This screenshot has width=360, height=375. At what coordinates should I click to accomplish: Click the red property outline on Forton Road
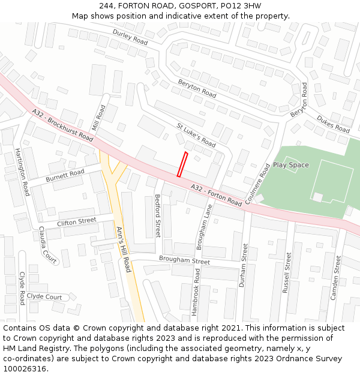click(x=182, y=164)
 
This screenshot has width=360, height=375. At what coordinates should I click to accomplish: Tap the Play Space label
click(x=291, y=165)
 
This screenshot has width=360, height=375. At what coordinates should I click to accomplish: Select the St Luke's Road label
click(x=196, y=135)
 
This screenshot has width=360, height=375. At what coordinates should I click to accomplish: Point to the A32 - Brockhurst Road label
click(x=63, y=125)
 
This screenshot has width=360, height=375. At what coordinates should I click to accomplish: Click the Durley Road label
click(x=130, y=36)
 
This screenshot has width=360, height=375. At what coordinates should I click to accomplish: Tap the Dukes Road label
click(x=333, y=124)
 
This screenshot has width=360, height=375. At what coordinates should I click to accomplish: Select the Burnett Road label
click(x=65, y=175)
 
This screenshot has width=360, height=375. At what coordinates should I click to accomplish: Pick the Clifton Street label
click(x=76, y=222)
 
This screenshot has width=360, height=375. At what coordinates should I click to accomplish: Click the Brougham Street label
click(x=184, y=260)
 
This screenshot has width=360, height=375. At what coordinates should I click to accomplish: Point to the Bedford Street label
click(x=158, y=215)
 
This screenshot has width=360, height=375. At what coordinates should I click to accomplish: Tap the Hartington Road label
click(x=22, y=171)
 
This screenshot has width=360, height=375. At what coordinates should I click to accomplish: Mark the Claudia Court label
click(x=48, y=245)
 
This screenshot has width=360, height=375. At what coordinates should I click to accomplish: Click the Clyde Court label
click(x=44, y=297)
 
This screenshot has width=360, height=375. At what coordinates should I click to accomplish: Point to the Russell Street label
click(x=287, y=273)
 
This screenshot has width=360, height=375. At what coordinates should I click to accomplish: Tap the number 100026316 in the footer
click(x=25, y=369)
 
